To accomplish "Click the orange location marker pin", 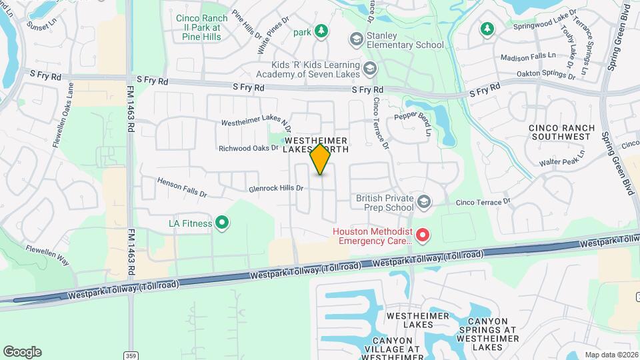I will tap(320, 159).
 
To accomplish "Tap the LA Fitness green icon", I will tap(222, 223).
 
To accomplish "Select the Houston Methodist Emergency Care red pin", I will tap(422, 235).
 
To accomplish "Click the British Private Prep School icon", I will tap(422, 201).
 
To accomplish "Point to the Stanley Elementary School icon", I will tap(357, 40).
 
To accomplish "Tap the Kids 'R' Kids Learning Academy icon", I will tap(369, 67).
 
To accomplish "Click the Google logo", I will tap(22, 351).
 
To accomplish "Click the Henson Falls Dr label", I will tap(183, 182).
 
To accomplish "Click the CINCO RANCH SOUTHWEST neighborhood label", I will tap(560, 132).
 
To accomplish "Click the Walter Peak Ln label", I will tap(562, 158).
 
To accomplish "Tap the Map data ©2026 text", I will tap(611, 355).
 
